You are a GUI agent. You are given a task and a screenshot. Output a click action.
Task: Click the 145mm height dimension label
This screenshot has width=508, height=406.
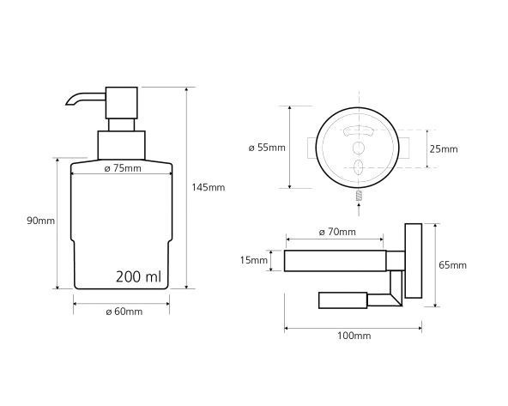208,186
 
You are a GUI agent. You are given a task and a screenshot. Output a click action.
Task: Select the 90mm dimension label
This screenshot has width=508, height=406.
40,221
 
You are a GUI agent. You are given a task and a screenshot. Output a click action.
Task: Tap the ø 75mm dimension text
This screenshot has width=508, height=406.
122,168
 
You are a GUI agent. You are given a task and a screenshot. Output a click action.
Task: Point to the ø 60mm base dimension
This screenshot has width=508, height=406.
123,312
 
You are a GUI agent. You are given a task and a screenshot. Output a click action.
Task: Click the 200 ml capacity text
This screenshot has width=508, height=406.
138,276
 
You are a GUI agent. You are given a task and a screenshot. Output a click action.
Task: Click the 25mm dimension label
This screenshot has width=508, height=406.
444,148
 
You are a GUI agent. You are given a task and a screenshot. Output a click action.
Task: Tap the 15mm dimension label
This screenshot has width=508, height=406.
255,260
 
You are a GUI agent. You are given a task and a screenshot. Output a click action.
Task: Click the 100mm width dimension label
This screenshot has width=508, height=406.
353,336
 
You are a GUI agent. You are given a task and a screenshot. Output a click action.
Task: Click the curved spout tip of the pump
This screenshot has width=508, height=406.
70,105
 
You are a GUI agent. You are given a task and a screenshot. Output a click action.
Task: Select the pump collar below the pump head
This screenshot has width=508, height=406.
121,143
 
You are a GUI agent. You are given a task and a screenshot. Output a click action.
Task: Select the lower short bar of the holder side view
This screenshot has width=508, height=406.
344,300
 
